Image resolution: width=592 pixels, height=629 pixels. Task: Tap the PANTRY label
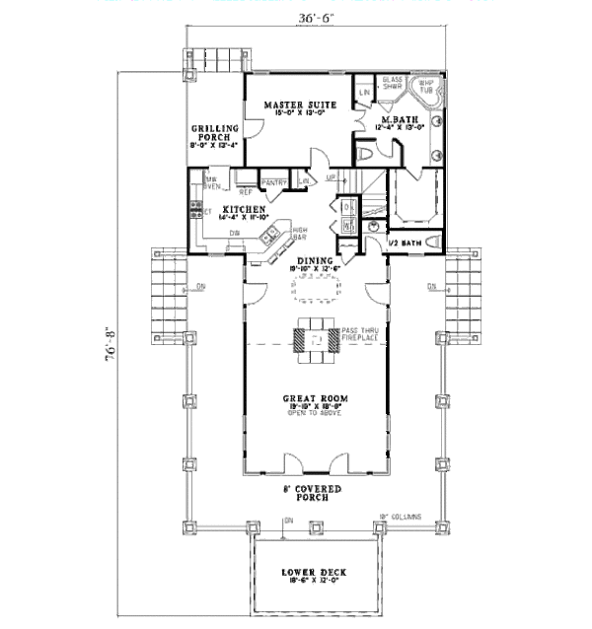point(274,181)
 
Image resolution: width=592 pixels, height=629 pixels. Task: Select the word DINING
point(315,260)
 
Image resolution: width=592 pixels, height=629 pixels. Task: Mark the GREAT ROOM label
point(315,399)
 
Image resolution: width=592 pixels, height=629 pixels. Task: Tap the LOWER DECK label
point(314,572)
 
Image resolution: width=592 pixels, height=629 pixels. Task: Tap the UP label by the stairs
point(332,178)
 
